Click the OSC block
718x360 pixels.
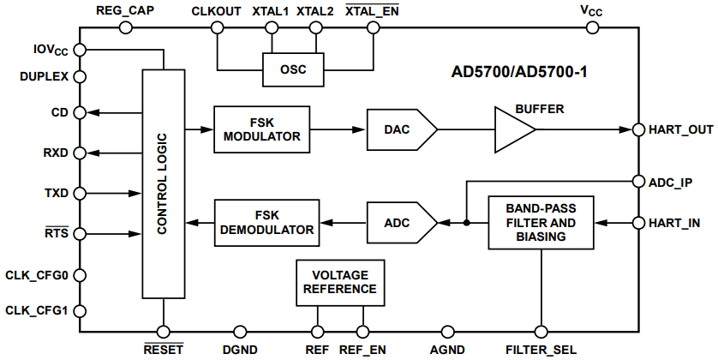point(293,69)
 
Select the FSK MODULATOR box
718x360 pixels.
point(261,129)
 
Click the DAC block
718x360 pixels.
point(399,129)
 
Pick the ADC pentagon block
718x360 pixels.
point(399,223)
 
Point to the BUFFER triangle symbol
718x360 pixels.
point(512,129)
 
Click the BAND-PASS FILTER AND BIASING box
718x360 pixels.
point(541,223)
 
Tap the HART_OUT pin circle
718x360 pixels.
point(638,129)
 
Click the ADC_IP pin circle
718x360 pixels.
point(638,182)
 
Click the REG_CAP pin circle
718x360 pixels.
point(126,27)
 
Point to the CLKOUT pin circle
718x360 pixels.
point(218,27)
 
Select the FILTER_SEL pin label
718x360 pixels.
point(541,350)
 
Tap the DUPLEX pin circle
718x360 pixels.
point(79,76)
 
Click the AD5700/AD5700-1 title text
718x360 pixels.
point(518,72)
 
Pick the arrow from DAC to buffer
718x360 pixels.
point(465,129)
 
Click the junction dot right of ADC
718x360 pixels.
point(465,223)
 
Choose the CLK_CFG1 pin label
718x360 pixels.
point(35,309)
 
